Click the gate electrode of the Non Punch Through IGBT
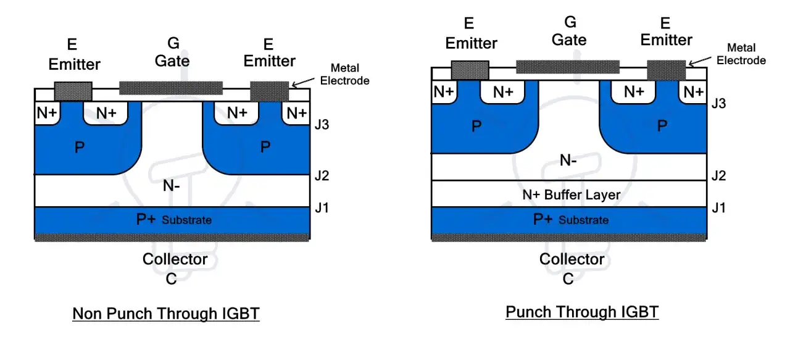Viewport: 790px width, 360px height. (171, 88)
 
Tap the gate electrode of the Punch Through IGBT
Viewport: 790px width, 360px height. (568, 67)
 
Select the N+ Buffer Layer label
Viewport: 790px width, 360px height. (572, 195)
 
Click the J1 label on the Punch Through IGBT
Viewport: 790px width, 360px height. (719, 208)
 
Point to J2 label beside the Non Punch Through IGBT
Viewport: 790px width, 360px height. (322, 175)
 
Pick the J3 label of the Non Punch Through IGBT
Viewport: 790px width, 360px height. (322, 125)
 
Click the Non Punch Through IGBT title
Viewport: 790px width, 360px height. (166, 314)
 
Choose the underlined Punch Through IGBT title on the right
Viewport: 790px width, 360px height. (582, 312)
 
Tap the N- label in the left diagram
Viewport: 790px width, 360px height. (172, 185)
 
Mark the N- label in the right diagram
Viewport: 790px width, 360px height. (568, 161)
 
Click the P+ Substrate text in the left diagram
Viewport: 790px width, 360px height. (174, 220)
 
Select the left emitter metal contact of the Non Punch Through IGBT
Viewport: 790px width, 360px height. (73, 91)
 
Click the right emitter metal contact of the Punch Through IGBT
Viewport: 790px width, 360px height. (666, 70)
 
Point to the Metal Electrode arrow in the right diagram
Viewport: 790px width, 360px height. (700, 61)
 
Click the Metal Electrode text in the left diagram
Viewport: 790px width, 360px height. (344, 75)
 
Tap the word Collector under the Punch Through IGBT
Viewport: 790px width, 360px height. (572, 259)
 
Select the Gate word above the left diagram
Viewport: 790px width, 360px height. (172, 61)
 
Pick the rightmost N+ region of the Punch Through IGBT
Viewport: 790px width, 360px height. (693, 92)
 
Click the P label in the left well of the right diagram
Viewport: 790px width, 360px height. (476, 126)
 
